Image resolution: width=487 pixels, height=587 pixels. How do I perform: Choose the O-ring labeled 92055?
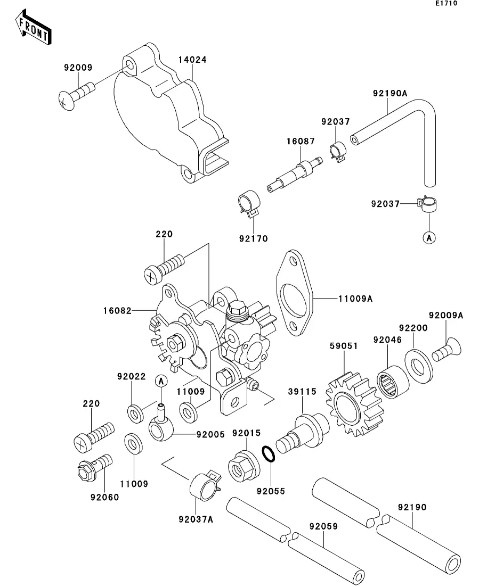pyautogui.click(x=269, y=455)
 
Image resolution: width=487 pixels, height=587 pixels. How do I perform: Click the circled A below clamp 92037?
pyautogui.click(x=429, y=238)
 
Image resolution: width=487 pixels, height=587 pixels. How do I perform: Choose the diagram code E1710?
pyautogui.click(x=446, y=4)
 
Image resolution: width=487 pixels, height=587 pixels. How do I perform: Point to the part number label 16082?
pyautogui.click(x=116, y=309)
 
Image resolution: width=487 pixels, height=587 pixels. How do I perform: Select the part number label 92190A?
pyautogui.click(x=390, y=93)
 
